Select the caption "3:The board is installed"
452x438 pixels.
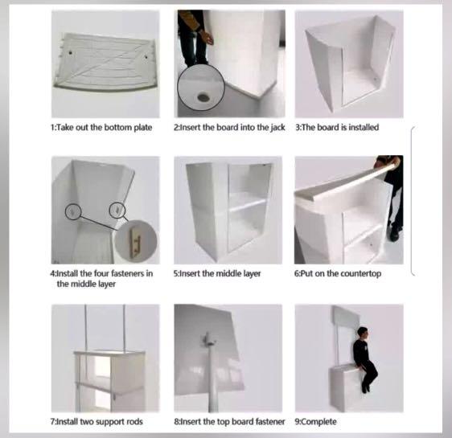[x=338, y=128]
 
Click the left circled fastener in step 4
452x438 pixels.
[x=73, y=211]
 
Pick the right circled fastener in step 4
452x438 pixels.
[x=119, y=210]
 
